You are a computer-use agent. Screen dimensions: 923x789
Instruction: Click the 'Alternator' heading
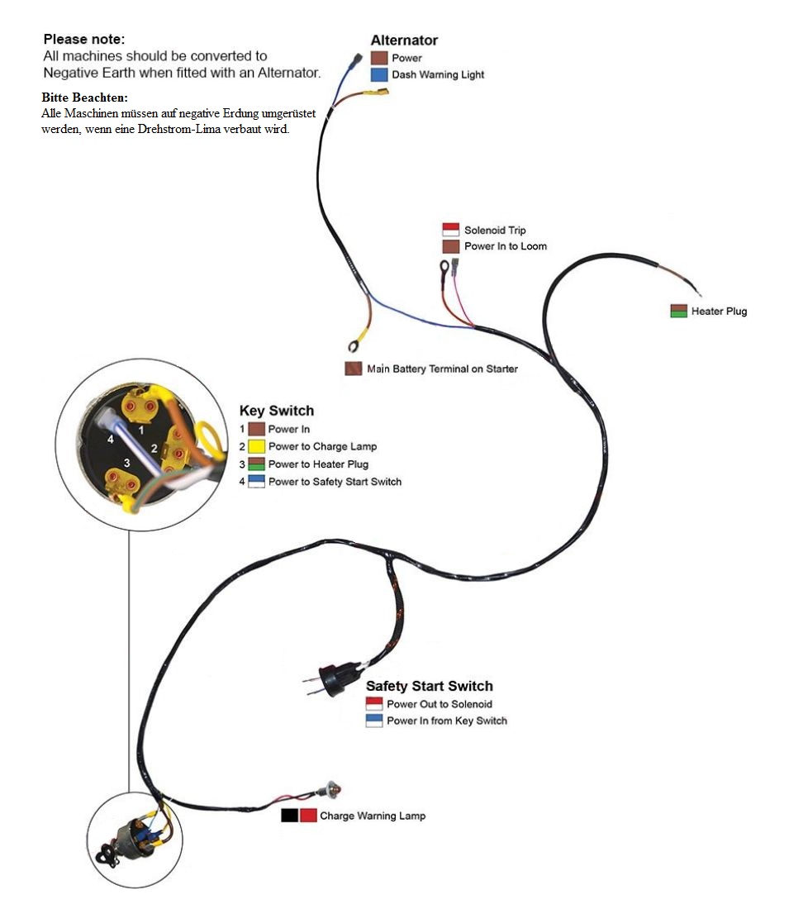[x=404, y=40]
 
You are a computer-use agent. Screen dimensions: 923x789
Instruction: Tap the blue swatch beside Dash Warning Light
[x=379, y=75]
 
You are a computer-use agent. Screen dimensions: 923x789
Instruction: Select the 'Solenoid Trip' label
[x=494, y=230]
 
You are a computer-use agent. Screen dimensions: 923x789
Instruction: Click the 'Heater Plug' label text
[x=719, y=312]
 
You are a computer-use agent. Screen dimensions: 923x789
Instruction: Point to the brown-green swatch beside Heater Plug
[x=678, y=312]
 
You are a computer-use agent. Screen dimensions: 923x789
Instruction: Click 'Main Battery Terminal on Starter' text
[x=442, y=369]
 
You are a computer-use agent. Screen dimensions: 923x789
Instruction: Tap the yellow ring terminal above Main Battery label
[x=357, y=339]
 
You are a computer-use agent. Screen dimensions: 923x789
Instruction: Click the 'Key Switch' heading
[x=276, y=411]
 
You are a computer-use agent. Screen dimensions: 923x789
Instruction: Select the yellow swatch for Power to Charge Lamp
[x=256, y=447]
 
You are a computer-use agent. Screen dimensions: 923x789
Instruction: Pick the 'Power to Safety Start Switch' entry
[x=335, y=482]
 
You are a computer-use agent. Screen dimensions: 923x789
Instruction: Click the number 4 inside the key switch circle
[x=110, y=439]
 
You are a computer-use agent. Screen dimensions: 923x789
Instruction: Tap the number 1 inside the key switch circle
[x=141, y=431]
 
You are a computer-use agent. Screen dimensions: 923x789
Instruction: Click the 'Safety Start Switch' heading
[x=429, y=686]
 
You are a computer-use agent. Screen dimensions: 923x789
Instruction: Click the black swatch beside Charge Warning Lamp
[x=289, y=816]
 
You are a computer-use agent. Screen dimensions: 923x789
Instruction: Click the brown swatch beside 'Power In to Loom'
[x=450, y=247]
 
